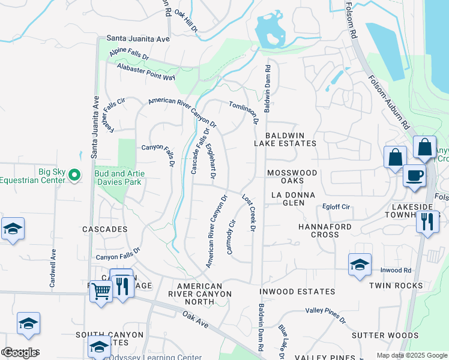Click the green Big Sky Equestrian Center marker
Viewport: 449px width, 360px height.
tap(74, 175)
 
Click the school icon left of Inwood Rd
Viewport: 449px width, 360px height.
tap(360, 264)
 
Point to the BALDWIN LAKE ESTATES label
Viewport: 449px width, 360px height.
tap(285, 139)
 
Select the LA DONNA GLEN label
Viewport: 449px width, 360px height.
tap(297, 199)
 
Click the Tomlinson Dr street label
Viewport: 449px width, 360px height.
tap(244, 112)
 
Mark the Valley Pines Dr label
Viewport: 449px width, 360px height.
tap(325, 315)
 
